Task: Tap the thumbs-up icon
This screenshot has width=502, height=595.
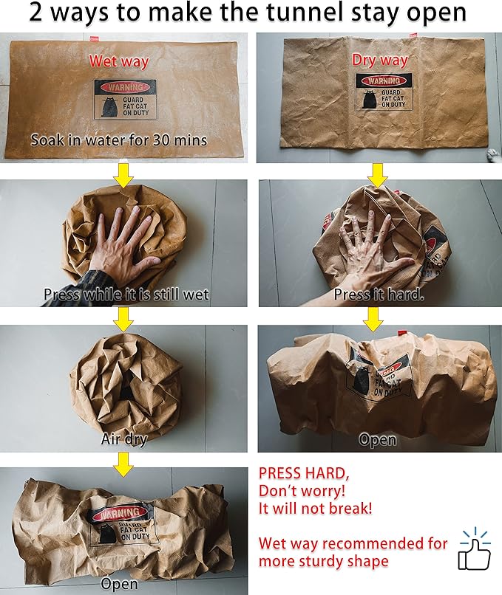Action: point(475,550)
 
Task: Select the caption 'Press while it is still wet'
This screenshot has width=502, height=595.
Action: point(126,294)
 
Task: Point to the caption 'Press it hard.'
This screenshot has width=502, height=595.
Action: point(378,294)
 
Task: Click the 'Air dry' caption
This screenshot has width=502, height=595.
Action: point(124,440)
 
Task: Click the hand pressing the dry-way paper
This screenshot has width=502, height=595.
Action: point(370,244)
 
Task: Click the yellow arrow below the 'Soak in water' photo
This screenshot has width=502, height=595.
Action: point(123,174)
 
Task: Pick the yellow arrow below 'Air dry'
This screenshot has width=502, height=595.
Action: point(123,462)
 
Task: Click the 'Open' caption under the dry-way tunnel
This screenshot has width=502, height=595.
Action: point(378,440)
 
